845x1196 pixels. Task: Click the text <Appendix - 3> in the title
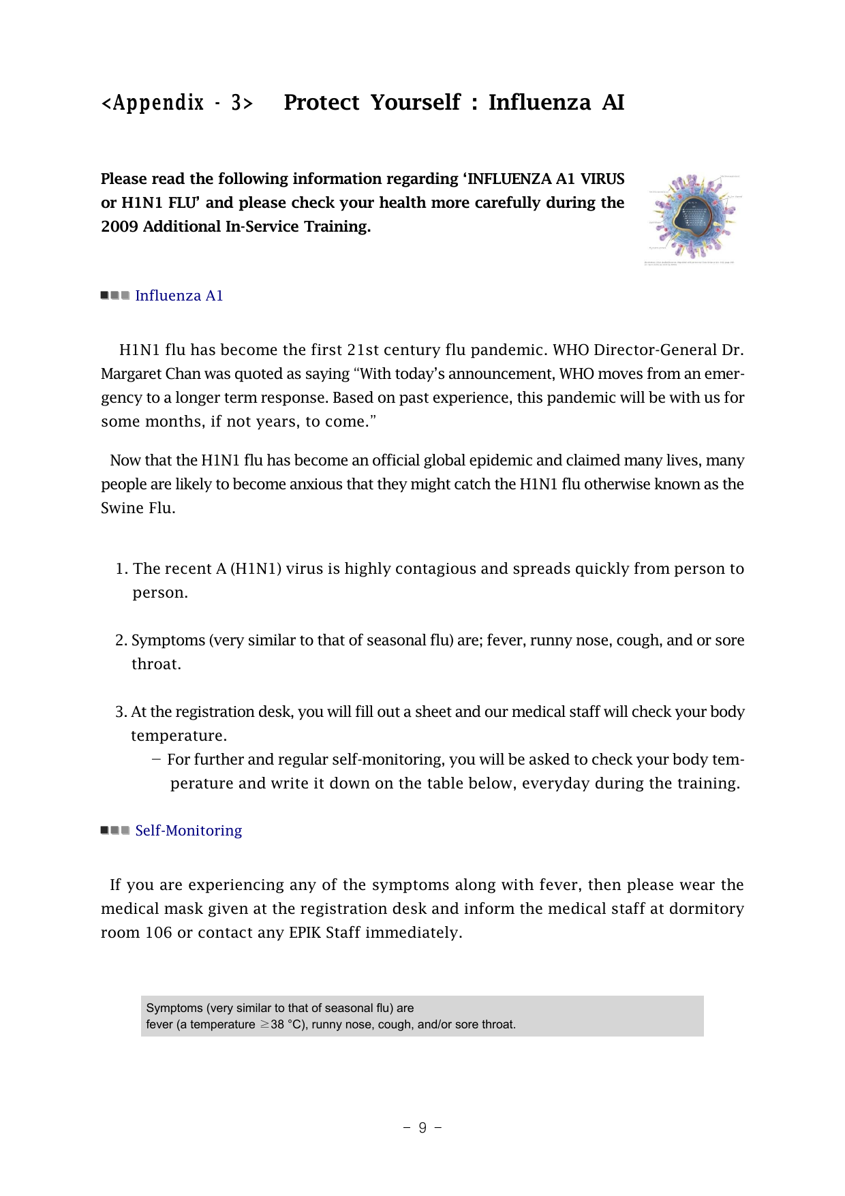[176, 103]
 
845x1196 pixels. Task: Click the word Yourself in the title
[415, 102]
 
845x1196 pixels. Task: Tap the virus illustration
[692, 216]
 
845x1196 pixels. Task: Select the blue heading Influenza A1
[179, 296]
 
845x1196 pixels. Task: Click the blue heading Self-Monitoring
[188, 831]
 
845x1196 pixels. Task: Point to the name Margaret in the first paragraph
[130, 374]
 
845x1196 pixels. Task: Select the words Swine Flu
[138, 508]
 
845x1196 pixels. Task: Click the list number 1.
[121, 569]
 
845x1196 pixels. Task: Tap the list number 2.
[121, 641]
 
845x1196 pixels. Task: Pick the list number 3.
[121, 712]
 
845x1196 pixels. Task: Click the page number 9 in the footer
[422, 1128]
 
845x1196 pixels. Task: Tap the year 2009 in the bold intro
[119, 227]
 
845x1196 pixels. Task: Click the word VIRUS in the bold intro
[602, 179]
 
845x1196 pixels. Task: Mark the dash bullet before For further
[157, 760]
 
